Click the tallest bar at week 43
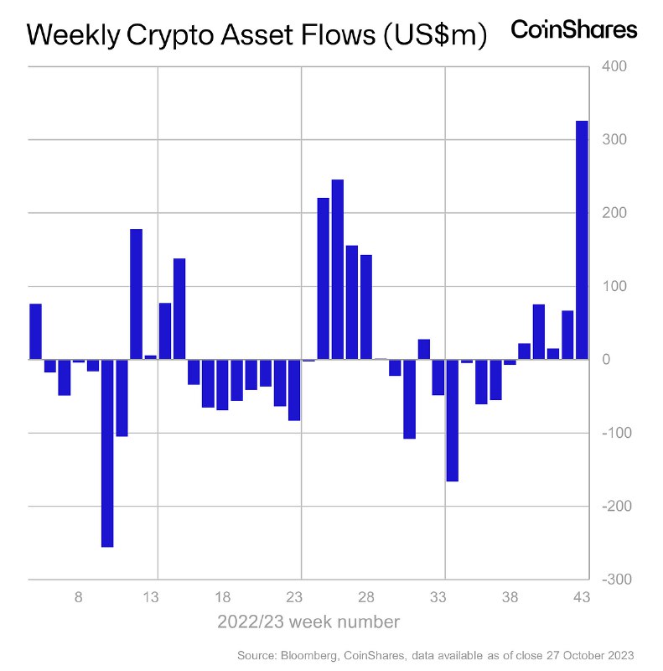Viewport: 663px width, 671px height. click(x=582, y=240)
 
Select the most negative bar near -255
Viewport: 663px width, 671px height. click(x=107, y=453)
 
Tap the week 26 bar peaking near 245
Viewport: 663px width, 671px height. click(x=338, y=269)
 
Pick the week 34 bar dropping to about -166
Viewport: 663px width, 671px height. click(x=453, y=420)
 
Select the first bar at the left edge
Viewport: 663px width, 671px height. click(x=35, y=331)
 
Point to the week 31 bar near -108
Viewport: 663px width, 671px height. click(x=409, y=399)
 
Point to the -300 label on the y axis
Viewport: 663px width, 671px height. click(x=609, y=580)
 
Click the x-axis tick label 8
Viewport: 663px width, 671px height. click(x=79, y=598)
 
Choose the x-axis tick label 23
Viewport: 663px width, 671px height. click(x=294, y=598)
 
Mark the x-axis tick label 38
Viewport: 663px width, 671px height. click(x=510, y=598)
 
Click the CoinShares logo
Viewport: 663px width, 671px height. click(x=574, y=30)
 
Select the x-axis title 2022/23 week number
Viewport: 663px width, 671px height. click(x=308, y=622)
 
